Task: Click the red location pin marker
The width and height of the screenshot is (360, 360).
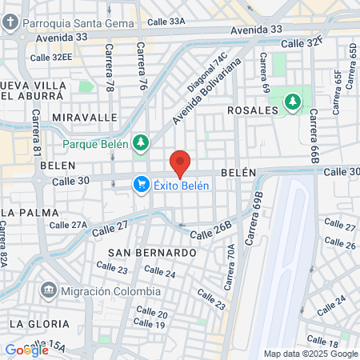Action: pyautogui.click(x=180, y=163)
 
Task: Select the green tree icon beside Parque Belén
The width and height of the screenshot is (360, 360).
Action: pyautogui.click(x=141, y=143)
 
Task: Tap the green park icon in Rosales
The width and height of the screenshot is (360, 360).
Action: pyautogui.click(x=293, y=102)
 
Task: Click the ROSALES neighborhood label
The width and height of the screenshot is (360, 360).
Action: pyautogui.click(x=252, y=110)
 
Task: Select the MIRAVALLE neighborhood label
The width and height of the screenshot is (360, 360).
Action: pyautogui.click(x=79, y=117)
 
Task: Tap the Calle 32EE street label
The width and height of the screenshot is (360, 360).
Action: pyautogui.click(x=51, y=58)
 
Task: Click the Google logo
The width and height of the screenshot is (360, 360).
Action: pyautogui.click(x=26, y=350)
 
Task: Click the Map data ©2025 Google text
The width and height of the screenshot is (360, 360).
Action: pyautogui.click(x=311, y=354)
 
